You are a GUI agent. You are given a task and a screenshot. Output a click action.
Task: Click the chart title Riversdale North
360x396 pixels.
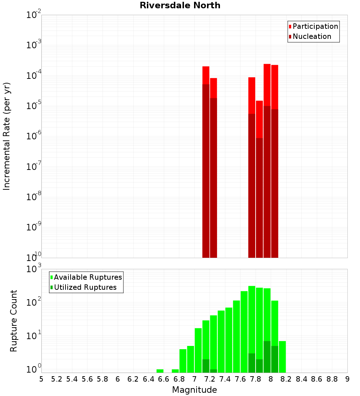point(180,5)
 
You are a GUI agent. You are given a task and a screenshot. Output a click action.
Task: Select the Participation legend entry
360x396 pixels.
point(315,26)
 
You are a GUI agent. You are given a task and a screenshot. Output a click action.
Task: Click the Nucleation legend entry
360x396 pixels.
point(312,36)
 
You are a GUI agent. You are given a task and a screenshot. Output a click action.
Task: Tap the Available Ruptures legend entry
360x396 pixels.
point(88,277)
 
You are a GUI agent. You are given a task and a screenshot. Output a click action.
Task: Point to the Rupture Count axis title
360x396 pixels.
point(14,321)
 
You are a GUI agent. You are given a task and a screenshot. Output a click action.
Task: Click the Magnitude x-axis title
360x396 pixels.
point(194,390)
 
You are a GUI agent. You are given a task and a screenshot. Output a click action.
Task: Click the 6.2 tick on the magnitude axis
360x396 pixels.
point(133,379)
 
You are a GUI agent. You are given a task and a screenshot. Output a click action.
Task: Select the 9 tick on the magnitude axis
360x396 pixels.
point(347,379)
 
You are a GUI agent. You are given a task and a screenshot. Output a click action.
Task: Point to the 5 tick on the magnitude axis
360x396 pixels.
point(41,379)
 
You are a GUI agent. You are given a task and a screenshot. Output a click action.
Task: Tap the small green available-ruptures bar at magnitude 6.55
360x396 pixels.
point(160,371)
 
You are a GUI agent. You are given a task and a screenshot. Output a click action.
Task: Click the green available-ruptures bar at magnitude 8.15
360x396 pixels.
point(282,356)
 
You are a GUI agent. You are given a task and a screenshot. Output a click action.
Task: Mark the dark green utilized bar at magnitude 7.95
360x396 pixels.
point(267,356)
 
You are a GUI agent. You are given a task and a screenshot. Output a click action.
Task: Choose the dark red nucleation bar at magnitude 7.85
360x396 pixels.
point(259,198)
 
